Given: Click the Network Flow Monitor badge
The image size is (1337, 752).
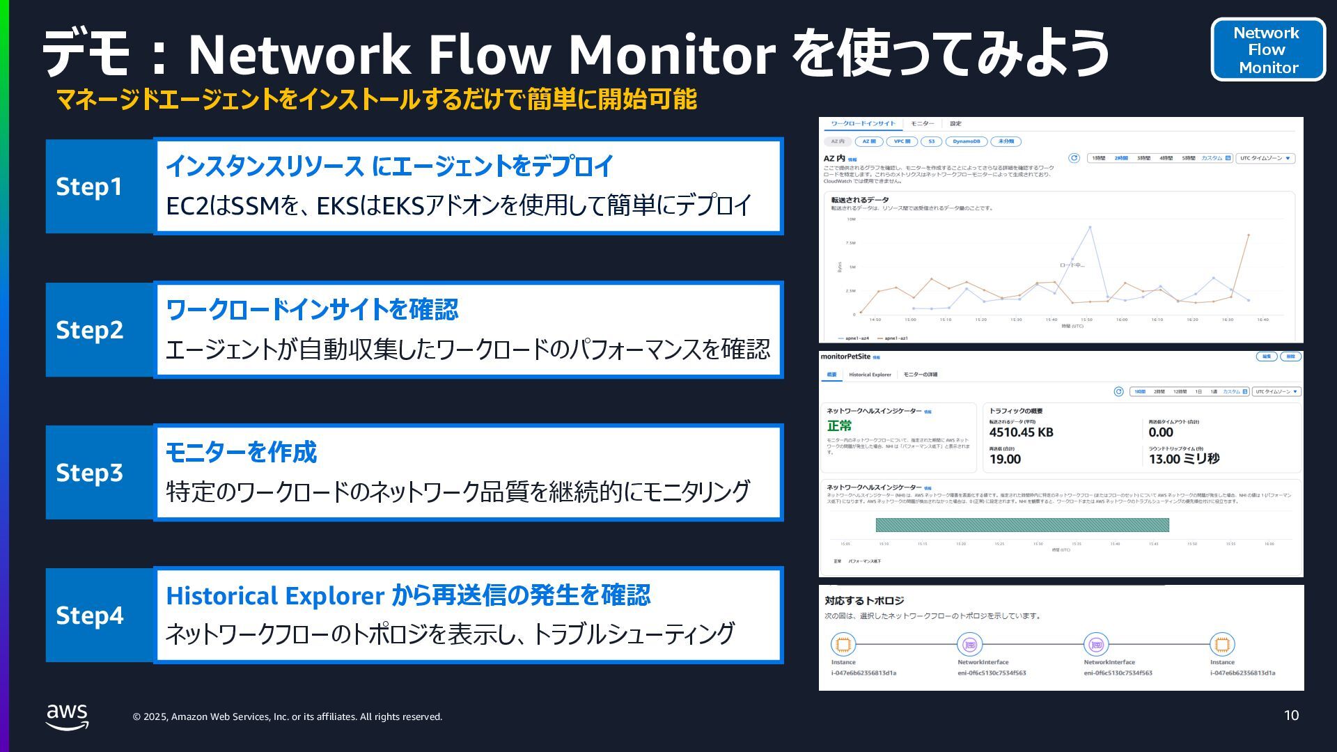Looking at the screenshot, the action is tap(1268, 50).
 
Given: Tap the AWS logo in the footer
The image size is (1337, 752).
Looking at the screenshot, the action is tap(68, 716).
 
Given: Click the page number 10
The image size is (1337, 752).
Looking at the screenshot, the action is tap(1291, 716).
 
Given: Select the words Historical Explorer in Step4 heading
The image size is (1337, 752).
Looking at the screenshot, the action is tap(274, 596).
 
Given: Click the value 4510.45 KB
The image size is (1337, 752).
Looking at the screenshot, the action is tap(1021, 432).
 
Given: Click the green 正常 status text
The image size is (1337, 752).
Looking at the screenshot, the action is tap(839, 426).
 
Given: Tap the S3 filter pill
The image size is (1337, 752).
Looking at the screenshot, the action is tap(931, 141).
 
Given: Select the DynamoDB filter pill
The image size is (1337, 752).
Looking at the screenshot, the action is tap(966, 141).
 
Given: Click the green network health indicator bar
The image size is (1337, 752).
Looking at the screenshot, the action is tap(1022, 525).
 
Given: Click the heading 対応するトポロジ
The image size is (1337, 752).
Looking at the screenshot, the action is tap(863, 601).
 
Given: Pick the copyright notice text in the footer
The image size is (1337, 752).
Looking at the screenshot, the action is tap(288, 716).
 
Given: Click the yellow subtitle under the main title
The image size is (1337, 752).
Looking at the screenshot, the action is tap(376, 100).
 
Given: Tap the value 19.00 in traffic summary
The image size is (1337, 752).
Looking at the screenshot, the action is tap(1005, 460).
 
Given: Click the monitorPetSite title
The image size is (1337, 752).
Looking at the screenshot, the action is tap(845, 357).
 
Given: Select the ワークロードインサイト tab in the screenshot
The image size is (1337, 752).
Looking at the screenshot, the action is tap(863, 124).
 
